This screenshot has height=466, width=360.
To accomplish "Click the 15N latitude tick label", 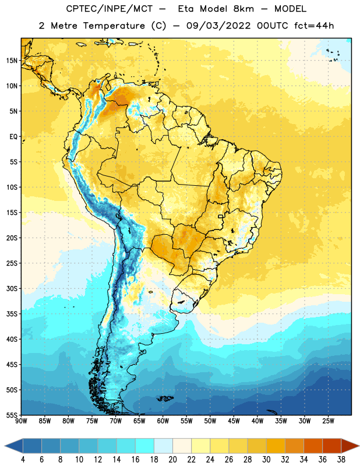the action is point(12,61).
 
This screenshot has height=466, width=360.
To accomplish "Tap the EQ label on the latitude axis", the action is point(13,137).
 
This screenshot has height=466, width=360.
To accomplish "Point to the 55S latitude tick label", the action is point(12,415).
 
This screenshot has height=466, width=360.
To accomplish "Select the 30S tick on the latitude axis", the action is point(12,288).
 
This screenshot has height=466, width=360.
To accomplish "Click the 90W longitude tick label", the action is point(21,421).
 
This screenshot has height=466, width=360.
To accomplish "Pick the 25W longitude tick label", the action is point(329,421).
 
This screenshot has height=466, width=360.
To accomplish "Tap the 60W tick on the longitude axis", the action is point(163,421).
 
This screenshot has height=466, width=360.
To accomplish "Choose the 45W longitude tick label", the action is point(234,421).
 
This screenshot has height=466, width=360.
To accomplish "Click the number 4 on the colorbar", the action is point(23,460).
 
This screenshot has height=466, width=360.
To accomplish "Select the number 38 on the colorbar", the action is point(341,460).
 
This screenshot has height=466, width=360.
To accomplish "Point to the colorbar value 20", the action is point(172,460).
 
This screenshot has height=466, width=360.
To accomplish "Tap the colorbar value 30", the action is point(266,460).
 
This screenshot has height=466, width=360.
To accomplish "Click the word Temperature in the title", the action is point(114,26).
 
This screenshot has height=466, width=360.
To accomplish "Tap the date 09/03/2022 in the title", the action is point(218,26).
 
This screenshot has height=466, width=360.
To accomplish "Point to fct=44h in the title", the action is point(314,26).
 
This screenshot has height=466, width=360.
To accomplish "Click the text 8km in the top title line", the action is point(243,9).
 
